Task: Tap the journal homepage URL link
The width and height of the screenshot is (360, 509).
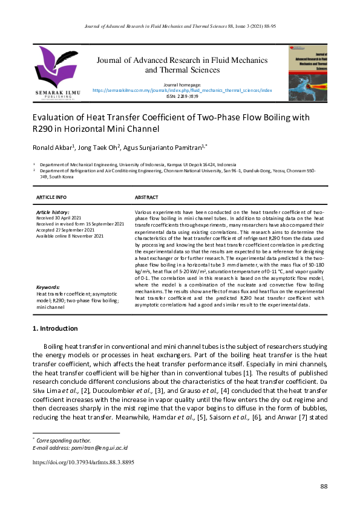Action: point(182,90)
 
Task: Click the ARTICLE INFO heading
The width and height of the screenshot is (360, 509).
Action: point(51,198)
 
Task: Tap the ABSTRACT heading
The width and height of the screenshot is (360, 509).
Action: point(146,198)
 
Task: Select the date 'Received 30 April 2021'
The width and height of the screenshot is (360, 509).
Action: point(62,218)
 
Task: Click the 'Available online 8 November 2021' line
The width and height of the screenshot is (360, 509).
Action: point(70,236)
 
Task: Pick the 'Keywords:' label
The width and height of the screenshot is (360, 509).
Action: point(48,287)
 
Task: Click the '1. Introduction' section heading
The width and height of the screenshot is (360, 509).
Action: point(54,329)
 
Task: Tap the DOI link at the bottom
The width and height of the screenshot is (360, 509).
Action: point(83,462)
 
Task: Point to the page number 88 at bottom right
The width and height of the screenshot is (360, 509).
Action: point(323,487)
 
